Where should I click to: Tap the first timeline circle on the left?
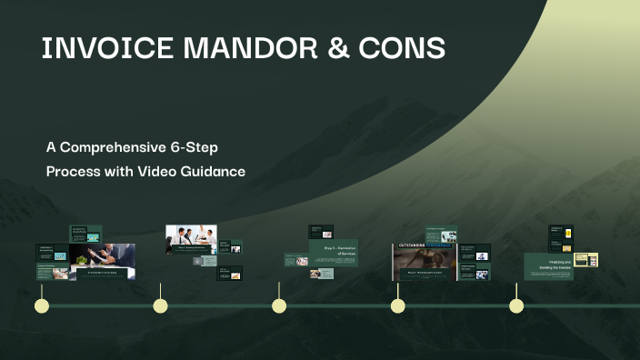(41, 305)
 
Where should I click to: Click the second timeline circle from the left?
(160, 305)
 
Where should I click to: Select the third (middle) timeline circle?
(279, 305)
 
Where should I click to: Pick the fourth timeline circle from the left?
(397, 305)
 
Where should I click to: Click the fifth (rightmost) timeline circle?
(516, 305)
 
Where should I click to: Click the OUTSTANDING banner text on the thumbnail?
(422, 246)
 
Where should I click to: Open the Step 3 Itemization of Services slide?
(334, 254)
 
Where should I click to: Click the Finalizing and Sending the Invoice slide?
(548, 265)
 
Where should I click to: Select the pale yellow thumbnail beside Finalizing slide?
(586, 260)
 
